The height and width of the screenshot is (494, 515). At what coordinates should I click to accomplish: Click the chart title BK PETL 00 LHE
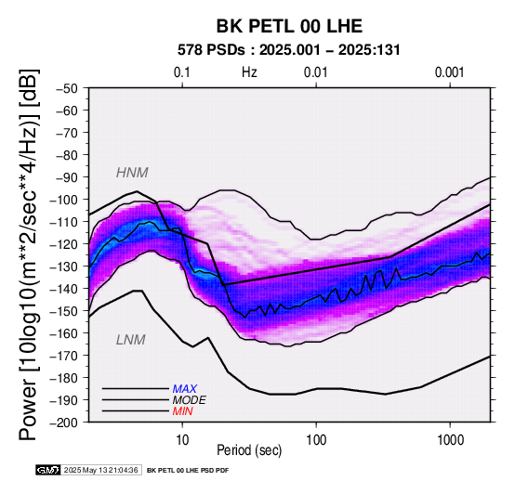pos(289,26)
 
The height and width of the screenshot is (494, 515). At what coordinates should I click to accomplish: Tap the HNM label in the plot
pos(132,173)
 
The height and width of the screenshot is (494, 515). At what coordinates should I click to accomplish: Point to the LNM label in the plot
pos(131,340)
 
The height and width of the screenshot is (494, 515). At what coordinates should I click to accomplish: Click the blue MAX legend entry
pos(185,389)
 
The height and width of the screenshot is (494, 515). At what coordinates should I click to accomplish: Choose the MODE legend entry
pos(190,400)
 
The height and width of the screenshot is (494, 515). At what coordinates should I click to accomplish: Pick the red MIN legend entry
pos(182,411)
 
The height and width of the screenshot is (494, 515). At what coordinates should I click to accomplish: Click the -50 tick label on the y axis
pos(67,88)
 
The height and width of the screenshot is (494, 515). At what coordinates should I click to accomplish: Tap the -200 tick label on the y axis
pos(64,422)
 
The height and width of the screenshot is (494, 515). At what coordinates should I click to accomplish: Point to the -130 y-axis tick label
pos(64,266)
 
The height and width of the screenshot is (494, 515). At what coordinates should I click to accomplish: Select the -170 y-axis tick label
pos(64,356)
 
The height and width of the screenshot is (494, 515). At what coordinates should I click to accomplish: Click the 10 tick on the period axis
pos(182,440)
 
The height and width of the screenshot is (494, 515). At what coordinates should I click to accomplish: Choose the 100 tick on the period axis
pos(316,440)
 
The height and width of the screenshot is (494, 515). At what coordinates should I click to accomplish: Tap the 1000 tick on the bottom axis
pos(450,440)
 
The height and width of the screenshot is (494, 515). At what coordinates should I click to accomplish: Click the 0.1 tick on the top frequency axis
pos(182,72)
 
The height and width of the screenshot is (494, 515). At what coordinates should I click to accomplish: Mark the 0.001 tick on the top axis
pos(450,72)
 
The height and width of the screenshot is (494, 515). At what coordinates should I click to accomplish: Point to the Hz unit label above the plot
pos(249,72)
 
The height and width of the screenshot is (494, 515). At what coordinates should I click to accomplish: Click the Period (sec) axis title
pos(249,450)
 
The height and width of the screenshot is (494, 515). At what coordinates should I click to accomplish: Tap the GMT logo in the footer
pos(48,471)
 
